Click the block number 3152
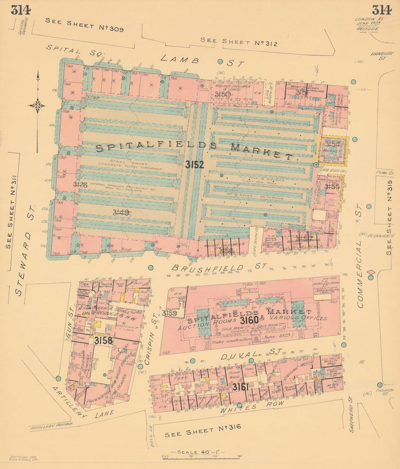(x=194, y=165)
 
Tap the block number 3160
(x=249, y=320)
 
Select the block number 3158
(x=103, y=340)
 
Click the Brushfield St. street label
(x=219, y=268)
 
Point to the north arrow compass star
(x=37, y=105)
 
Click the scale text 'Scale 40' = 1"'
(x=198, y=452)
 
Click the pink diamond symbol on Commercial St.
(x=371, y=272)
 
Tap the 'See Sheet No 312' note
(x=239, y=42)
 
